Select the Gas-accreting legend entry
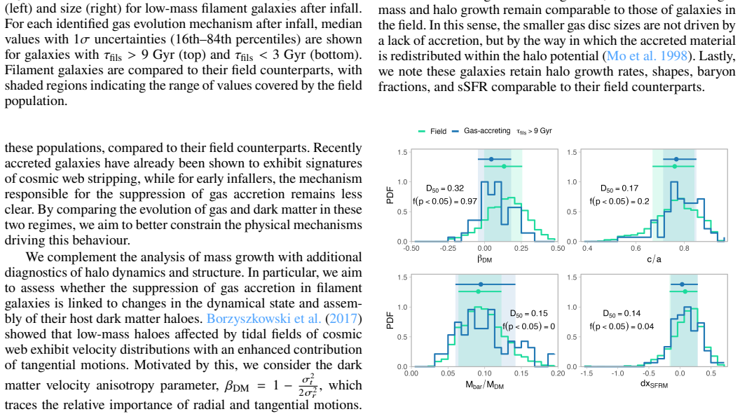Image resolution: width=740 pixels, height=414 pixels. click(x=481, y=130)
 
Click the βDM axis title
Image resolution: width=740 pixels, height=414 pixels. click(x=484, y=259)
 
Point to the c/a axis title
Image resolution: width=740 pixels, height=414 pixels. click(x=654, y=259)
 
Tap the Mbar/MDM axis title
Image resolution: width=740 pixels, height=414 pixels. click(x=484, y=385)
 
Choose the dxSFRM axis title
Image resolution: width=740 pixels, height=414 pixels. click(x=654, y=385)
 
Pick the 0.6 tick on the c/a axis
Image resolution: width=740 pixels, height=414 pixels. click(x=636, y=249)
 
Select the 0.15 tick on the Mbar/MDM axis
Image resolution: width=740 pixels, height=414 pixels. click(x=521, y=373)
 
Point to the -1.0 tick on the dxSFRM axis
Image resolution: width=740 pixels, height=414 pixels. click(x=617, y=373)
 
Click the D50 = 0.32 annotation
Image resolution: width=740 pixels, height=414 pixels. click(x=444, y=188)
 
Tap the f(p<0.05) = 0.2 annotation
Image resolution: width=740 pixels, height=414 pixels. click(x=619, y=201)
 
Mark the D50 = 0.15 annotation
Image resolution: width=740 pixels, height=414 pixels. click(x=528, y=314)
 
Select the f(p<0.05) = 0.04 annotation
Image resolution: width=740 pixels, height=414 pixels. click(x=622, y=326)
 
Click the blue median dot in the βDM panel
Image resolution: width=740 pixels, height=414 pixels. click(x=491, y=160)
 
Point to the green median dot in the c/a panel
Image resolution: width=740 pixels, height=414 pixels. click(x=675, y=166)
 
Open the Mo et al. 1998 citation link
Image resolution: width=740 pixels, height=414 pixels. click(x=647, y=56)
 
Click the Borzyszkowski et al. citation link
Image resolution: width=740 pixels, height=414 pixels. click(x=263, y=319)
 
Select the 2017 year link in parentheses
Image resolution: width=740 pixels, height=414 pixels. click(x=343, y=319)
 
